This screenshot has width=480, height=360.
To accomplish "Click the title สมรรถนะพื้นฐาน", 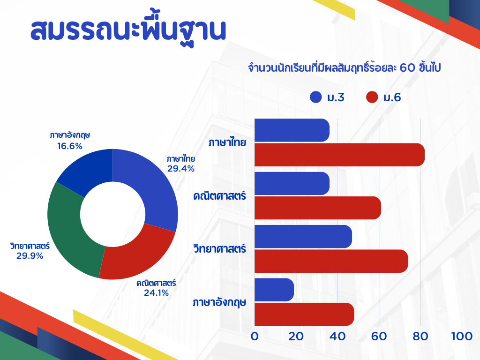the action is pos(128,30).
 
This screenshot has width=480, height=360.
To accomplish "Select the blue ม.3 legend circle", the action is pos(315,97).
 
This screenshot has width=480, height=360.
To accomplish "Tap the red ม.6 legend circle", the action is pos(372,97).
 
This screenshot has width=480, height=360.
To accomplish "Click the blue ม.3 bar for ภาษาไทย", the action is pos(292,130).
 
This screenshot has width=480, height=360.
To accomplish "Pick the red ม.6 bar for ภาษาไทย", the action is pos(340,155).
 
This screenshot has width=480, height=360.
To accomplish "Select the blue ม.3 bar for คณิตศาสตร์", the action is pos(292,183).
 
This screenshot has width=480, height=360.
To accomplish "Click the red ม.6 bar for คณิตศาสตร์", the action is pos(318,208).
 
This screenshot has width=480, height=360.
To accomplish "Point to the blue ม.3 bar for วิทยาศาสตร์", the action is pos(303,237).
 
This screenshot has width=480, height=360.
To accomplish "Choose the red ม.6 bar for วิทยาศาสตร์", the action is pos(331,261).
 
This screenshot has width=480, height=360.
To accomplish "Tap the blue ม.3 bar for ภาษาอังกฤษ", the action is pos(274,290).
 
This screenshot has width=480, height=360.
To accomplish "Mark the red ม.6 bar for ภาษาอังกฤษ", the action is pos(304,315).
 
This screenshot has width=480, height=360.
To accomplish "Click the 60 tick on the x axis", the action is pos(379,337).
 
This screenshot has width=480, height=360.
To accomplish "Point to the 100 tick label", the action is pos(462,337).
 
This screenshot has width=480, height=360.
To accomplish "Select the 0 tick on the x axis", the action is pos(255,337).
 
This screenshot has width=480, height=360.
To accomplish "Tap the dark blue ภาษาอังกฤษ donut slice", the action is pos(86,170).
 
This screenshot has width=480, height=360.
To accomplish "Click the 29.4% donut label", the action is pos(181,169).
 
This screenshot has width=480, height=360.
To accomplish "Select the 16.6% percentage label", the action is pos(70,146).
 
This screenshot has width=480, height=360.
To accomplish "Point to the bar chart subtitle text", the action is pos(345,67).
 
